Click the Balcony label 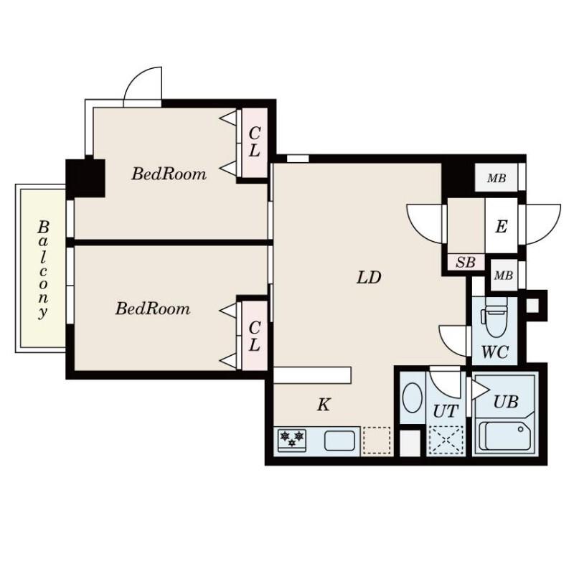tap(43, 270)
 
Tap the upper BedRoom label tap(169, 174)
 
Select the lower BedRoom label tap(153, 309)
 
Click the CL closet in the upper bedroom tap(255, 143)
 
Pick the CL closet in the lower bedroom tap(255, 335)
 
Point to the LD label tap(369, 277)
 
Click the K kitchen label tap(324, 405)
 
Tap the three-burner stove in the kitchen tap(292, 440)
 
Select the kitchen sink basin tap(339, 441)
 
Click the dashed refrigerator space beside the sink tap(376, 441)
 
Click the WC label tap(495, 352)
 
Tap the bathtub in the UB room tap(505, 436)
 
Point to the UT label tap(446, 411)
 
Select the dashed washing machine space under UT tap(446, 441)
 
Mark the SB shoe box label tap(466, 262)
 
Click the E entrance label tap(501, 227)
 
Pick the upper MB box tap(497, 177)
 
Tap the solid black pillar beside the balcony tap(85, 178)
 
